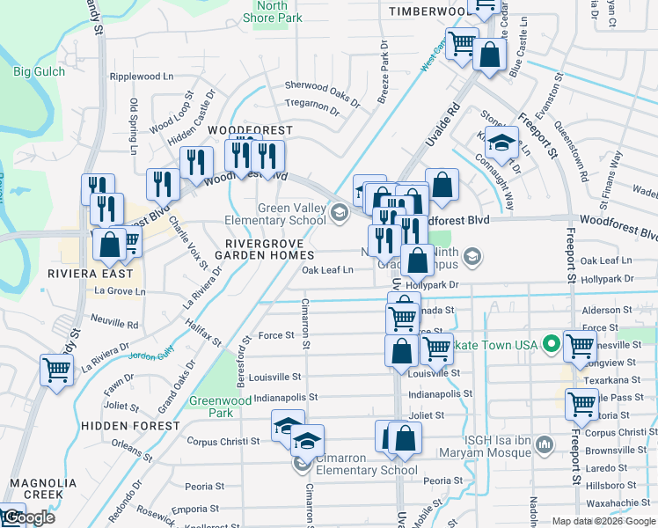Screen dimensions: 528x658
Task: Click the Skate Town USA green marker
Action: point(552,343)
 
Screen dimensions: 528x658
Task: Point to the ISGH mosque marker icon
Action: point(544,446)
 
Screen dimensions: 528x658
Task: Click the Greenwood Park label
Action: point(212,406)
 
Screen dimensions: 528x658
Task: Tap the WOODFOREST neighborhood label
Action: point(250,130)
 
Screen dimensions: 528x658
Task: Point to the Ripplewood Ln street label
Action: point(142,77)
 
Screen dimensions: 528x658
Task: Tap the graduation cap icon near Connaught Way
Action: point(501,143)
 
